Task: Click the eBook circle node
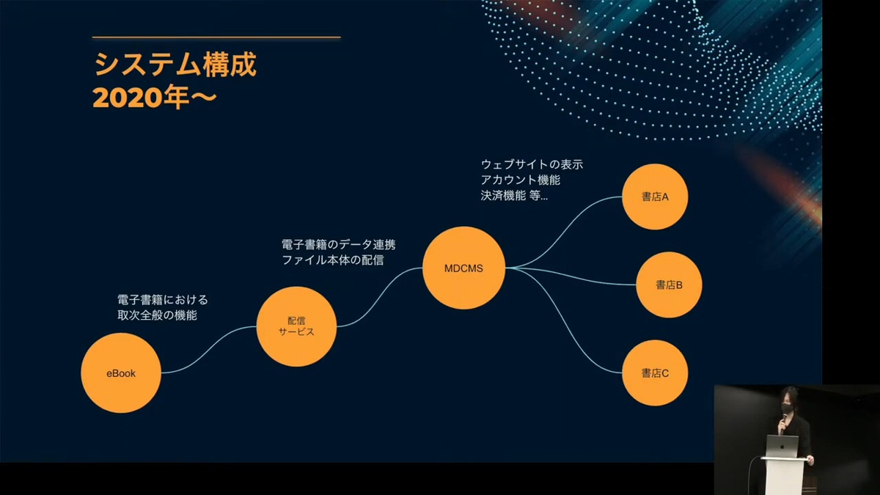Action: pos(121,373)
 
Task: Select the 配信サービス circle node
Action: pos(296,326)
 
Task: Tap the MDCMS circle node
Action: pos(463,268)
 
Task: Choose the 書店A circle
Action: pos(655,197)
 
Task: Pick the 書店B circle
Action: pos(669,285)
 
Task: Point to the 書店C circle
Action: pos(655,373)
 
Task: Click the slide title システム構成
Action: pos(175,64)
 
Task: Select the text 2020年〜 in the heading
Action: pos(155,98)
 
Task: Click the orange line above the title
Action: pos(216,37)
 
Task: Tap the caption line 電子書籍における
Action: pos(163,300)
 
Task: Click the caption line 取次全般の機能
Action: pos(157,315)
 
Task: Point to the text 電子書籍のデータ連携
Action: pos(338,244)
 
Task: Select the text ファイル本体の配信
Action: pos(333,260)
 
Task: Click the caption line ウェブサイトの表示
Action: pos(532,164)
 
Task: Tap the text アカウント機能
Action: pos(521,180)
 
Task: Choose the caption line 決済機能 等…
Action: pos(514,195)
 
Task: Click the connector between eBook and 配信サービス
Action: pos(209,350)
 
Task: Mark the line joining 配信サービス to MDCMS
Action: pos(380,298)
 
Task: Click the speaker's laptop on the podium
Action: pos(782,446)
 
